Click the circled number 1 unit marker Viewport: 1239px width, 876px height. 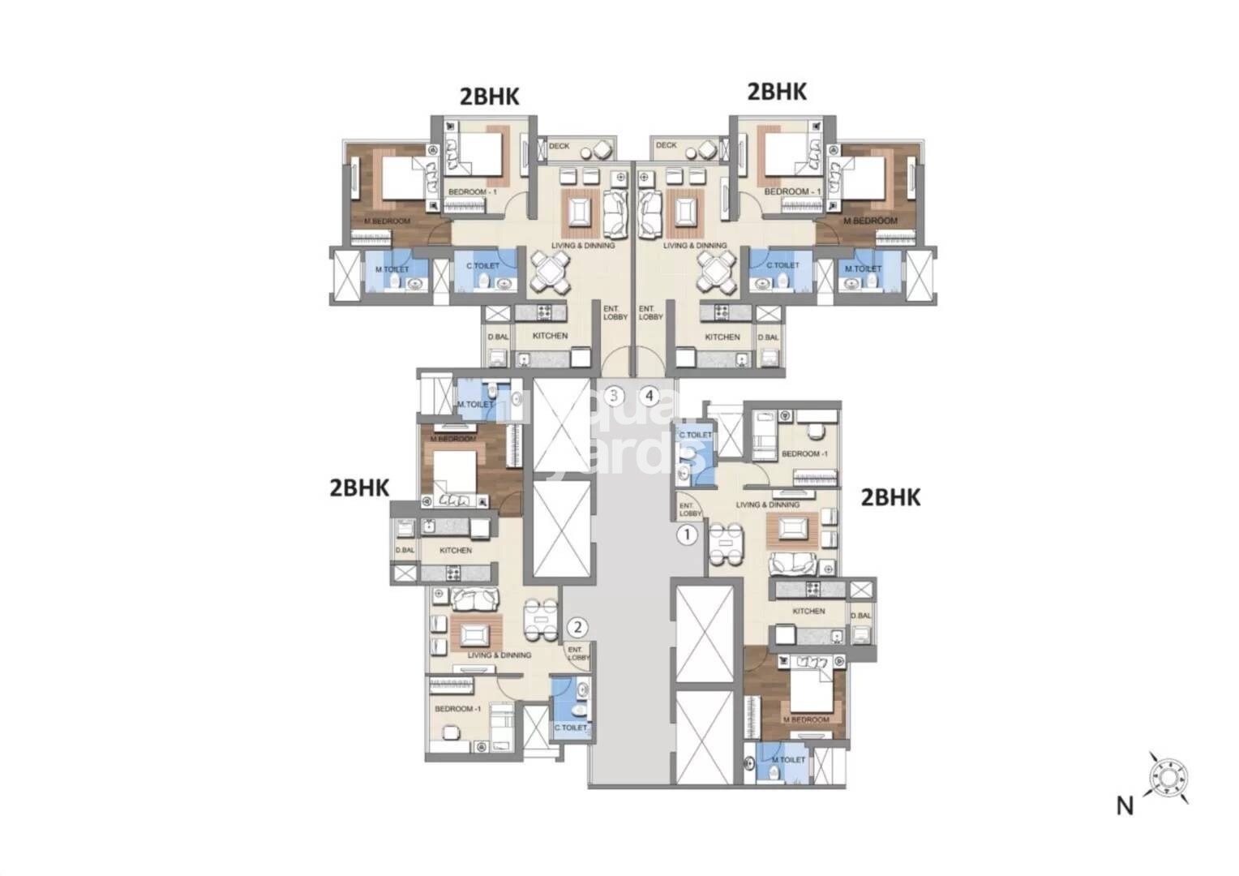coord(687,535)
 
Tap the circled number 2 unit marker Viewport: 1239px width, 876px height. coord(577,626)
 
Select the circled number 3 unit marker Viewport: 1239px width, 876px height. coord(615,396)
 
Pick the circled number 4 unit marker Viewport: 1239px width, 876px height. coord(650,396)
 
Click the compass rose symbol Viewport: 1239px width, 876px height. coord(1167,776)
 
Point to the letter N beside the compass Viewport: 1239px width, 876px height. coord(1124,806)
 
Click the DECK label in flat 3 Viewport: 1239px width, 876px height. coord(559,147)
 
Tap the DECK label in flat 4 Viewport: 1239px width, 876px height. coord(666,146)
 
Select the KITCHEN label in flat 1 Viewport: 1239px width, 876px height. coord(808,612)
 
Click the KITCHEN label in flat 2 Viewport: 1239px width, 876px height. coord(456,551)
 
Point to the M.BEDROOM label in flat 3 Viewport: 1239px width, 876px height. coord(388,221)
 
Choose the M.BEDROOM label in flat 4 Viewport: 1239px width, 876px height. coord(871,221)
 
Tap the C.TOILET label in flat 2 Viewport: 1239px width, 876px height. coord(570,728)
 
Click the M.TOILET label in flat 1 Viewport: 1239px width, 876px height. coord(788,760)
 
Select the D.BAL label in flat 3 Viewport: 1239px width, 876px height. coord(496,337)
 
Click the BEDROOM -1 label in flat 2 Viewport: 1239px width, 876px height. coord(458,709)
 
